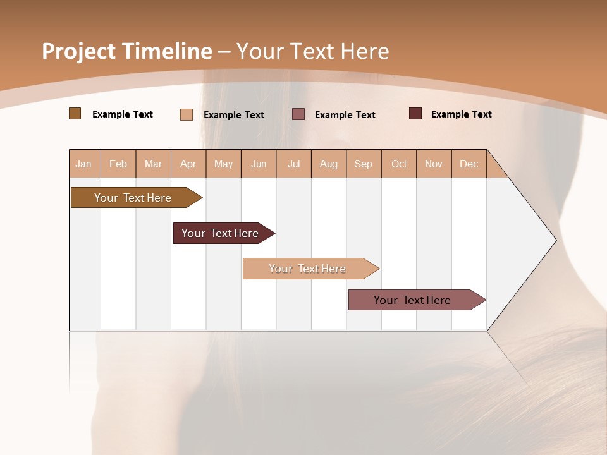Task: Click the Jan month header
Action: [84, 164]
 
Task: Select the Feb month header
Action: [118, 164]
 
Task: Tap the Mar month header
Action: [153, 164]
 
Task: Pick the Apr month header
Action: [188, 164]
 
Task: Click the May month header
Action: [223, 164]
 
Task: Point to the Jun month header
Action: [259, 164]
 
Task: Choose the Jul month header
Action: [293, 164]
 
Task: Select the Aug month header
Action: [329, 164]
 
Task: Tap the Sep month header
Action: [364, 164]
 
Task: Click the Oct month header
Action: [399, 164]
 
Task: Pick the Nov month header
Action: [434, 164]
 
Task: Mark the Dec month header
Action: [469, 164]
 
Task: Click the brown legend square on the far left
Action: [75, 114]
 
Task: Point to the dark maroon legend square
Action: [415, 114]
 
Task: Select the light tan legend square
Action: [187, 114]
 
